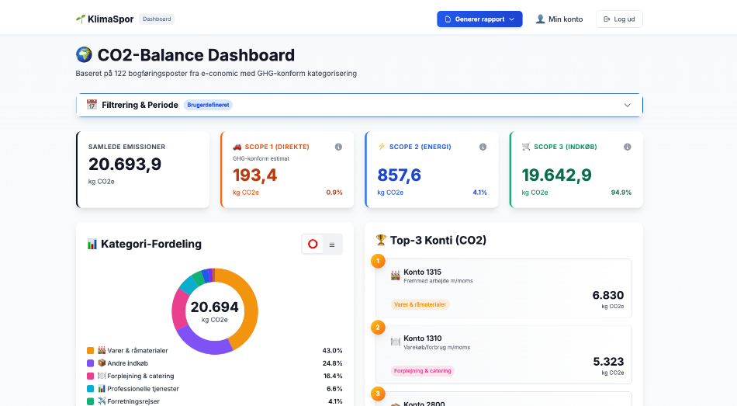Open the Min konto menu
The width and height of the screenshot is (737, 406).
coord(559,19)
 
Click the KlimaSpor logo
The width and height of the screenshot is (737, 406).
coord(105,19)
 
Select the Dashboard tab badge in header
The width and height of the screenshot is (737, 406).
coord(157,19)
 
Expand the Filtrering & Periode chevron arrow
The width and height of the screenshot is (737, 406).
coord(628,105)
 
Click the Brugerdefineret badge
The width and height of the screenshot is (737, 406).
coord(209,105)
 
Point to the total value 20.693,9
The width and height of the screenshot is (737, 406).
coord(125,164)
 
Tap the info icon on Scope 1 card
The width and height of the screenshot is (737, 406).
coord(338,147)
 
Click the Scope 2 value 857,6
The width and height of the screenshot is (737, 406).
coord(399,175)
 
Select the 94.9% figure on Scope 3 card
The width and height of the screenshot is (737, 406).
coord(621,193)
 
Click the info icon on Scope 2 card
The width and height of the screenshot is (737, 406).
coord(483,147)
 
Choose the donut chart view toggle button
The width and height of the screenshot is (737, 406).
coord(313,244)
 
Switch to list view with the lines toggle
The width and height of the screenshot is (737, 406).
coord(332,244)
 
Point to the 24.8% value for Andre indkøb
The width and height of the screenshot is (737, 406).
coord(332,363)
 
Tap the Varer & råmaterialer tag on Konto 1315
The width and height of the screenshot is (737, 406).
coord(420,305)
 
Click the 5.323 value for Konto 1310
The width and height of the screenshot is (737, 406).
coord(608,362)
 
